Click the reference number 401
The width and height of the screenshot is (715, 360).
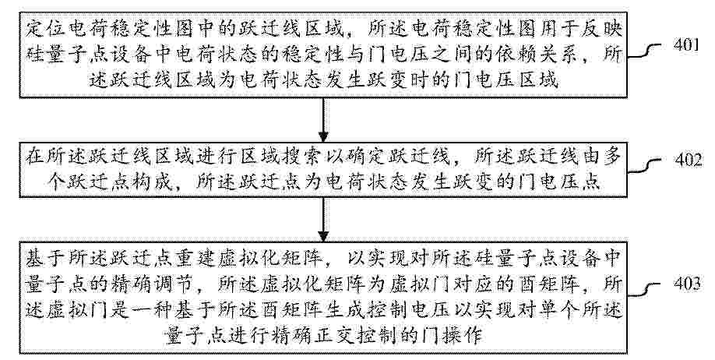tap(686, 45)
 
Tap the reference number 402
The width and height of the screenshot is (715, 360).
tap(688, 161)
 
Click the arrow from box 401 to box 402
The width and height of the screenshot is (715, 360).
tap(323, 120)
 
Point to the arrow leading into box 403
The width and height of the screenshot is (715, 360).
tap(323, 220)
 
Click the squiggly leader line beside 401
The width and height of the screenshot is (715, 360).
tap(644, 51)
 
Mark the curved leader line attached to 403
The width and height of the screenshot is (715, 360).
tap(644, 291)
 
